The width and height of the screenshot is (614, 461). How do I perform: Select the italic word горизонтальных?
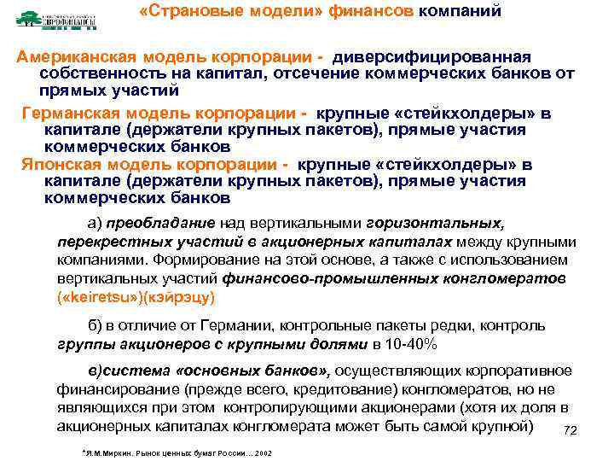436,224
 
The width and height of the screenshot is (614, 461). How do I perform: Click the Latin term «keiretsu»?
92,298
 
